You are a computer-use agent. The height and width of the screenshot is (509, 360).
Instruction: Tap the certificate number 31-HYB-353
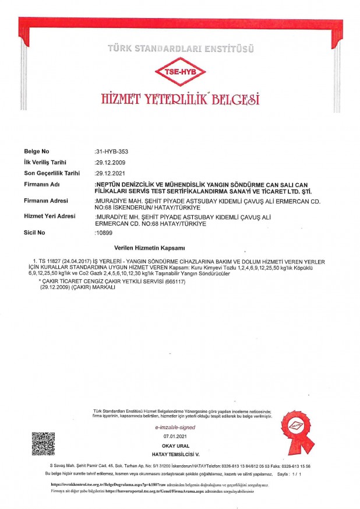click(x=111, y=152)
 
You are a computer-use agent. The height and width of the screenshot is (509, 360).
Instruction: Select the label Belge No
click(x=37, y=152)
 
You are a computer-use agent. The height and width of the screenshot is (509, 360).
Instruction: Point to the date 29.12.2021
click(x=110, y=173)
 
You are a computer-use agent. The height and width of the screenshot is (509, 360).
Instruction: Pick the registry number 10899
click(x=104, y=232)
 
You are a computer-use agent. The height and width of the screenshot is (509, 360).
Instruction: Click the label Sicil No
click(x=34, y=232)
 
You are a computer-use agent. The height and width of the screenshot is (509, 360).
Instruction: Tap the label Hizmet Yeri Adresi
click(x=50, y=216)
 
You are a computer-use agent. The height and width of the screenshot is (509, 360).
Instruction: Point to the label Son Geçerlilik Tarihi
click(x=51, y=173)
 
